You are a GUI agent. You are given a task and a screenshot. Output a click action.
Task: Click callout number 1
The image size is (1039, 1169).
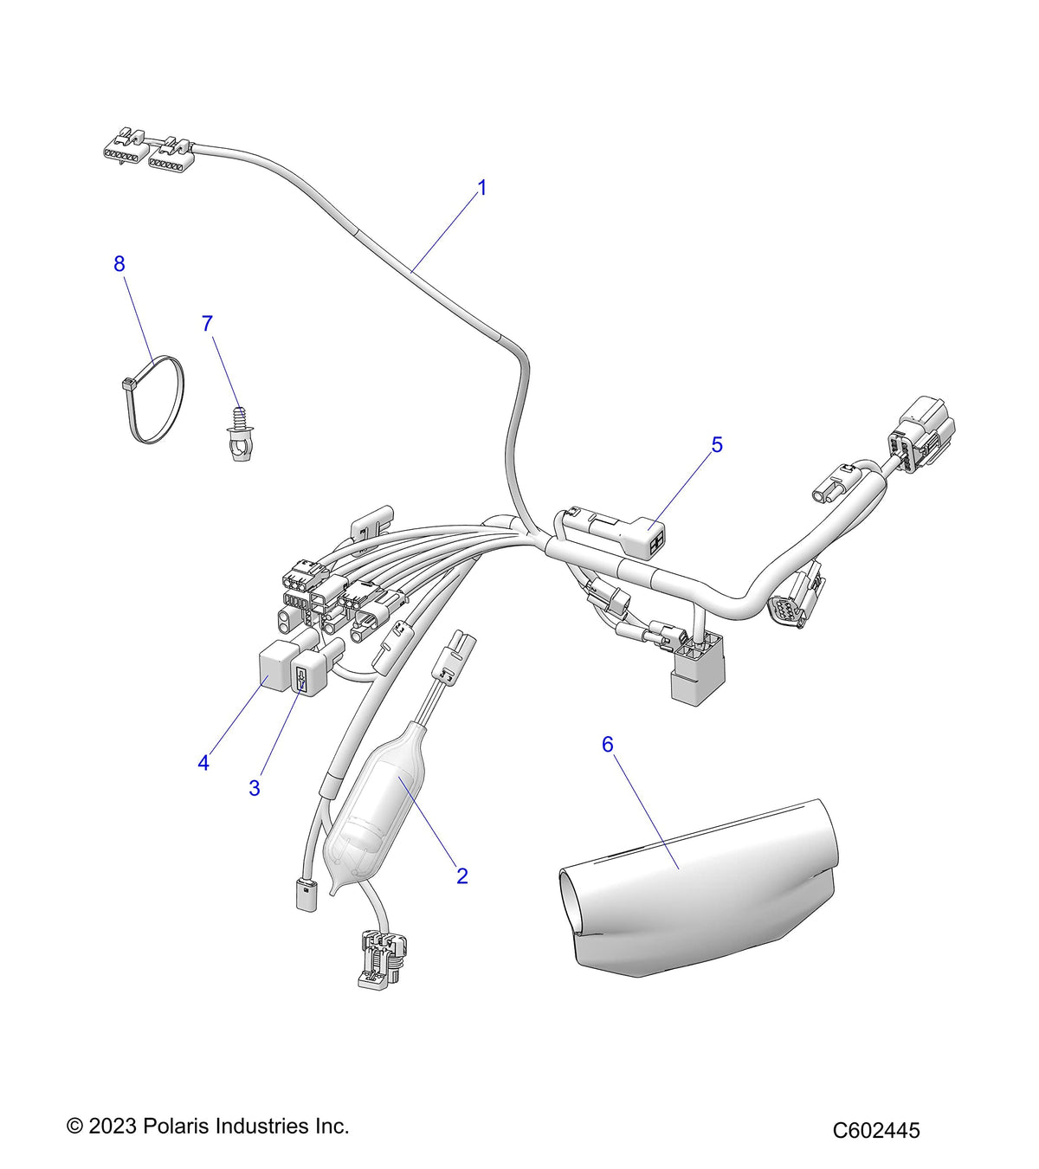click(x=482, y=188)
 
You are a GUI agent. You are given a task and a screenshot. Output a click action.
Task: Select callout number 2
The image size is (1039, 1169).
click(x=462, y=875)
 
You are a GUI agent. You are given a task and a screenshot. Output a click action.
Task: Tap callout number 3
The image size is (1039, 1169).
click(x=255, y=788)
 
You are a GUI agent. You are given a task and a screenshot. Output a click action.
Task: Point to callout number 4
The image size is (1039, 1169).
click(x=203, y=763)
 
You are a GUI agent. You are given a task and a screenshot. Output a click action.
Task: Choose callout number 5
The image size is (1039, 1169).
click(x=716, y=445)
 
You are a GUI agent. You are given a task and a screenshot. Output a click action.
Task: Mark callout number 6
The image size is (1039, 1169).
click(x=607, y=745)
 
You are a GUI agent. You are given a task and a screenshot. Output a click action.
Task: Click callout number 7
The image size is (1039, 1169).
click(x=207, y=324)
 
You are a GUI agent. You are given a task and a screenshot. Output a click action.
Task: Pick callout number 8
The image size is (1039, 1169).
click(x=119, y=264)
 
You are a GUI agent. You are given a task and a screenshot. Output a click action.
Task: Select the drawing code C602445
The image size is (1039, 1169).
click(x=876, y=1130)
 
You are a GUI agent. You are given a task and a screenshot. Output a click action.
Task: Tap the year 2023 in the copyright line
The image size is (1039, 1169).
click(x=113, y=1126)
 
